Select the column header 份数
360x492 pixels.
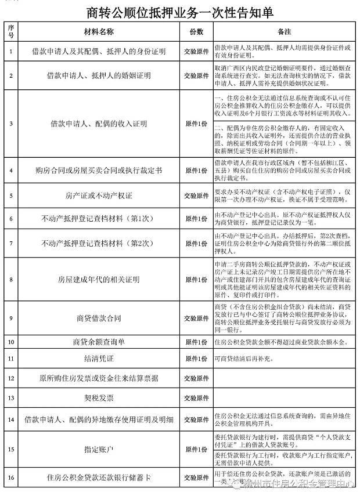point(196,31)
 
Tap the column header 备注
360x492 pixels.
point(284,31)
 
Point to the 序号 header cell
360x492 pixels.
point(10,31)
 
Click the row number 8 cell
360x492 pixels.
point(10,279)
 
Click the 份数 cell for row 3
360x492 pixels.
point(196,124)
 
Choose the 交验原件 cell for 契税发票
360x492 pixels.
point(196,398)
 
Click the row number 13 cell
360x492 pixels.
point(10,398)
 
